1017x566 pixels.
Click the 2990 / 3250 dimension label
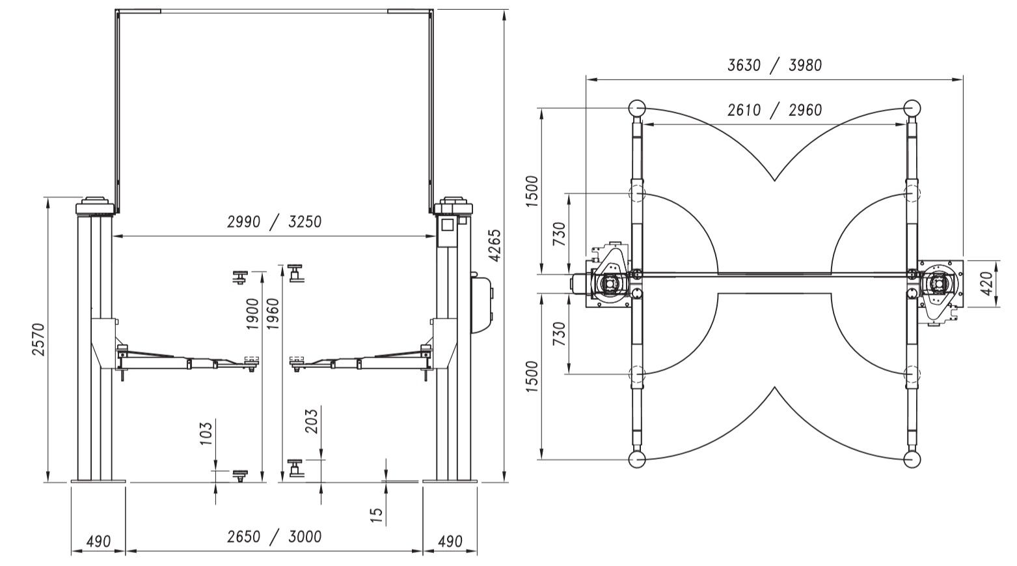(x=274, y=222)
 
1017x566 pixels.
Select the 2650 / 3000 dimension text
(x=274, y=537)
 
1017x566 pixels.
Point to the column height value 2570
(x=38, y=339)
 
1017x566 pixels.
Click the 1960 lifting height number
(x=273, y=314)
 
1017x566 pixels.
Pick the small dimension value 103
(x=205, y=434)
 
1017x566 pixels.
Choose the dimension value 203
(x=312, y=421)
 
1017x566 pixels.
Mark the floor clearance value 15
(x=376, y=515)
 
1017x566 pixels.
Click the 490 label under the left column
(x=98, y=541)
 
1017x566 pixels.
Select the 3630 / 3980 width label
(x=774, y=66)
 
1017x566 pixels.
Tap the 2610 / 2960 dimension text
(x=774, y=110)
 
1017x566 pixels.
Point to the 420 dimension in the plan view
(x=987, y=283)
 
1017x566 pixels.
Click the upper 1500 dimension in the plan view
(x=532, y=191)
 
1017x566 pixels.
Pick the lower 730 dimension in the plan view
(x=560, y=333)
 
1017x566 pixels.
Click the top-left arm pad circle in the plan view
(x=637, y=108)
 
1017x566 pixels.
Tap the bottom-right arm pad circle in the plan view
(x=912, y=460)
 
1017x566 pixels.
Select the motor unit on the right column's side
(x=483, y=303)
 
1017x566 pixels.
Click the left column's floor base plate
(x=98, y=481)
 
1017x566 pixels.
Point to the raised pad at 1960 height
(x=295, y=273)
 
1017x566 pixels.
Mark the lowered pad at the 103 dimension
(x=239, y=475)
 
